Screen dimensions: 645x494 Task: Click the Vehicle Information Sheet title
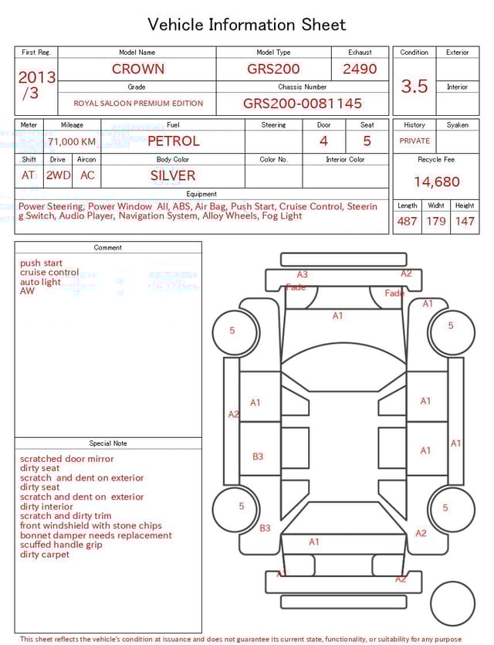(x=246, y=25)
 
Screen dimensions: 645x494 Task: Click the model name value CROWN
(x=137, y=69)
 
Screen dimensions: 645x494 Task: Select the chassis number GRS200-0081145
(x=302, y=104)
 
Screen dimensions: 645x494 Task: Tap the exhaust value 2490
(x=360, y=69)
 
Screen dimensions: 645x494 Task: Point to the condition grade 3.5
(x=414, y=87)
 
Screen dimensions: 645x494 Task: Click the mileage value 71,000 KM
(x=72, y=141)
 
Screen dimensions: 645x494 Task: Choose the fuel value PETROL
(x=173, y=141)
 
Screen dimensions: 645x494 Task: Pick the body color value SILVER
(x=173, y=175)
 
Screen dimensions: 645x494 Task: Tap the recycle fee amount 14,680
(x=436, y=182)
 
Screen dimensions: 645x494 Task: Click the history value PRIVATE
(x=414, y=141)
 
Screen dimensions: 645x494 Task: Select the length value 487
(x=407, y=222)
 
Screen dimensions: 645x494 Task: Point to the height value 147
(x=465, y=222)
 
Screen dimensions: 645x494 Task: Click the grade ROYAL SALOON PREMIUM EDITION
(x=138, y=104)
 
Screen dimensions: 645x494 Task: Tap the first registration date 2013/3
(x=36, y=85)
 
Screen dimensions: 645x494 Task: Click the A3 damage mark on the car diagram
(x=303, y=274)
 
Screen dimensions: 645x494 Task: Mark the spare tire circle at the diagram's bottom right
(x=452, y=603)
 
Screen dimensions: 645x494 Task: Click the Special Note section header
(x=108, y=443)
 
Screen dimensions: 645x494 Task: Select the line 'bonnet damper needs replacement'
(x=96, y=535)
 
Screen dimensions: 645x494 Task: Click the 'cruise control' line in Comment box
(x=49, y=273)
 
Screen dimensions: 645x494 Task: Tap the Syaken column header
(x=457, y=124)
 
